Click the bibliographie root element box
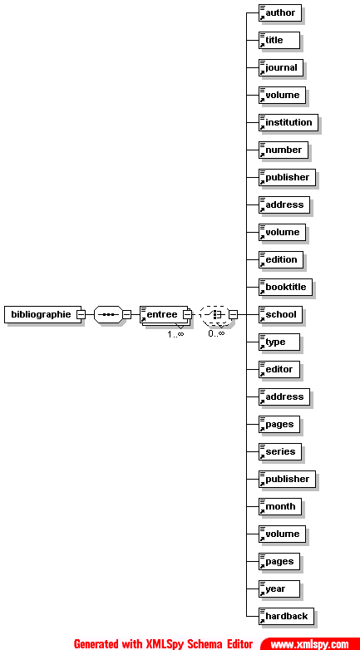coord(41,315)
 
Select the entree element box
coord(164,315)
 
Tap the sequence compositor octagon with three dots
coord(109,315)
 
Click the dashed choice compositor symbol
coord(215,315)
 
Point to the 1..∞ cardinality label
coord(175,333)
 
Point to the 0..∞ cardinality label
coord(216,333)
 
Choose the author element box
coord(279,12)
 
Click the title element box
coord(274,40)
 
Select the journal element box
coord(281,67)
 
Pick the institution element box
coord(288,123)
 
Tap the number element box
coord(284,150)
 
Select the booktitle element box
coord(285,288)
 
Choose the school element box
coord(280,315)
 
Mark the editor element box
coord(279,369)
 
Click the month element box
coord(280,506)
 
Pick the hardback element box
coord(286,617)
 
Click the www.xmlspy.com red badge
coord(310,644)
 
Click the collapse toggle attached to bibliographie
coord(81,315)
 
